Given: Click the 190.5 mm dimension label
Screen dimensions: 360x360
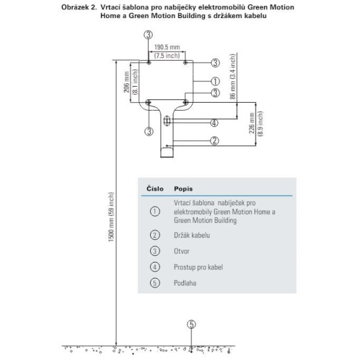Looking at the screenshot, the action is (167, 47).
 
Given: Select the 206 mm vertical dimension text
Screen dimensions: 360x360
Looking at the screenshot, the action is (127, 82).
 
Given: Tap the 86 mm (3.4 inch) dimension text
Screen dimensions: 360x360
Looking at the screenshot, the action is (233, 77).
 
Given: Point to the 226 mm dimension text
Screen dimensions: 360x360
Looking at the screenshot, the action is (251, 123).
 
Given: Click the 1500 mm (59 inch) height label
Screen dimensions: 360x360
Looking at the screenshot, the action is (111, 217).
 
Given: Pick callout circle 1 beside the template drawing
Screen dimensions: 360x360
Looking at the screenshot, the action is (215, 81).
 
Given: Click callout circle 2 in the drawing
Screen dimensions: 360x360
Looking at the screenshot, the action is (215, 141).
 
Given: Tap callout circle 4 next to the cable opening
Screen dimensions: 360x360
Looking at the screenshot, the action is (214, 123).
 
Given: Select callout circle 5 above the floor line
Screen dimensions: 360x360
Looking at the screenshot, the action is (191, 325).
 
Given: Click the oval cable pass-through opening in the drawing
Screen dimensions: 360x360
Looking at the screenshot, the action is (167, 121).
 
